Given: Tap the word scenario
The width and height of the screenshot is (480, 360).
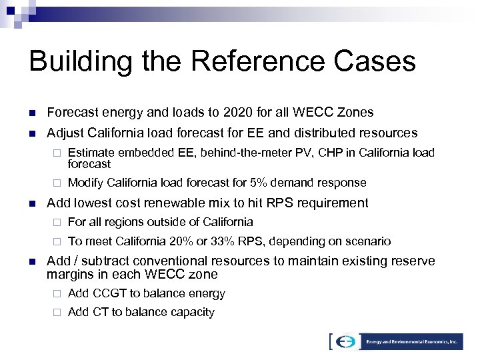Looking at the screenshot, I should [x=369, y=241].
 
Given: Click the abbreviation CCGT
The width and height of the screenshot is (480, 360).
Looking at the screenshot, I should [x=106, y=293].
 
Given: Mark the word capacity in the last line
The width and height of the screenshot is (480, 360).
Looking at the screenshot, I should [x=192, y=311].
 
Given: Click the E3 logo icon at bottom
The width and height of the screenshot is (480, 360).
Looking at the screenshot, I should [x=345, y=341].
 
